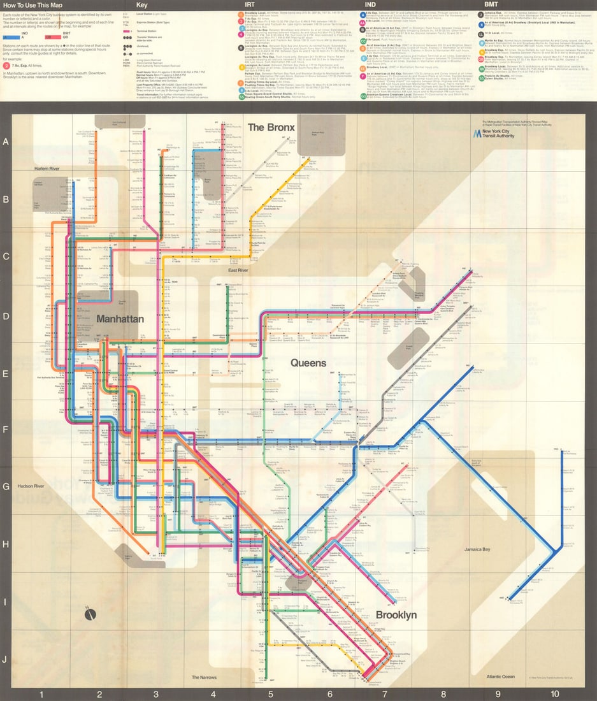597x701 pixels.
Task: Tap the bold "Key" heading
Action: click(x=141, y=5)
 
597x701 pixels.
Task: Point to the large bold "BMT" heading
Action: click(x=492, y=5)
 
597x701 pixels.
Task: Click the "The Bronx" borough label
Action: click(x=271, y=127)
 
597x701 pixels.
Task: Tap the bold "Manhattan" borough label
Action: click(x=120, y=319)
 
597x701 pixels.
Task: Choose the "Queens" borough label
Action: click(x=308, y=363)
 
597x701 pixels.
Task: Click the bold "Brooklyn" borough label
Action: click(x=396, y=615)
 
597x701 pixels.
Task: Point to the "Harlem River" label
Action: click(x=46, y=168)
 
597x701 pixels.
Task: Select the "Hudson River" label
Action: click(x=31, y=486)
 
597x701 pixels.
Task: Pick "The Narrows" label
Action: click(x=205, y=677)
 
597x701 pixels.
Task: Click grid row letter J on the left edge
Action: click(x=5, y=659)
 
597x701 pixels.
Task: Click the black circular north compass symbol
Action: click(x=90, y=614)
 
